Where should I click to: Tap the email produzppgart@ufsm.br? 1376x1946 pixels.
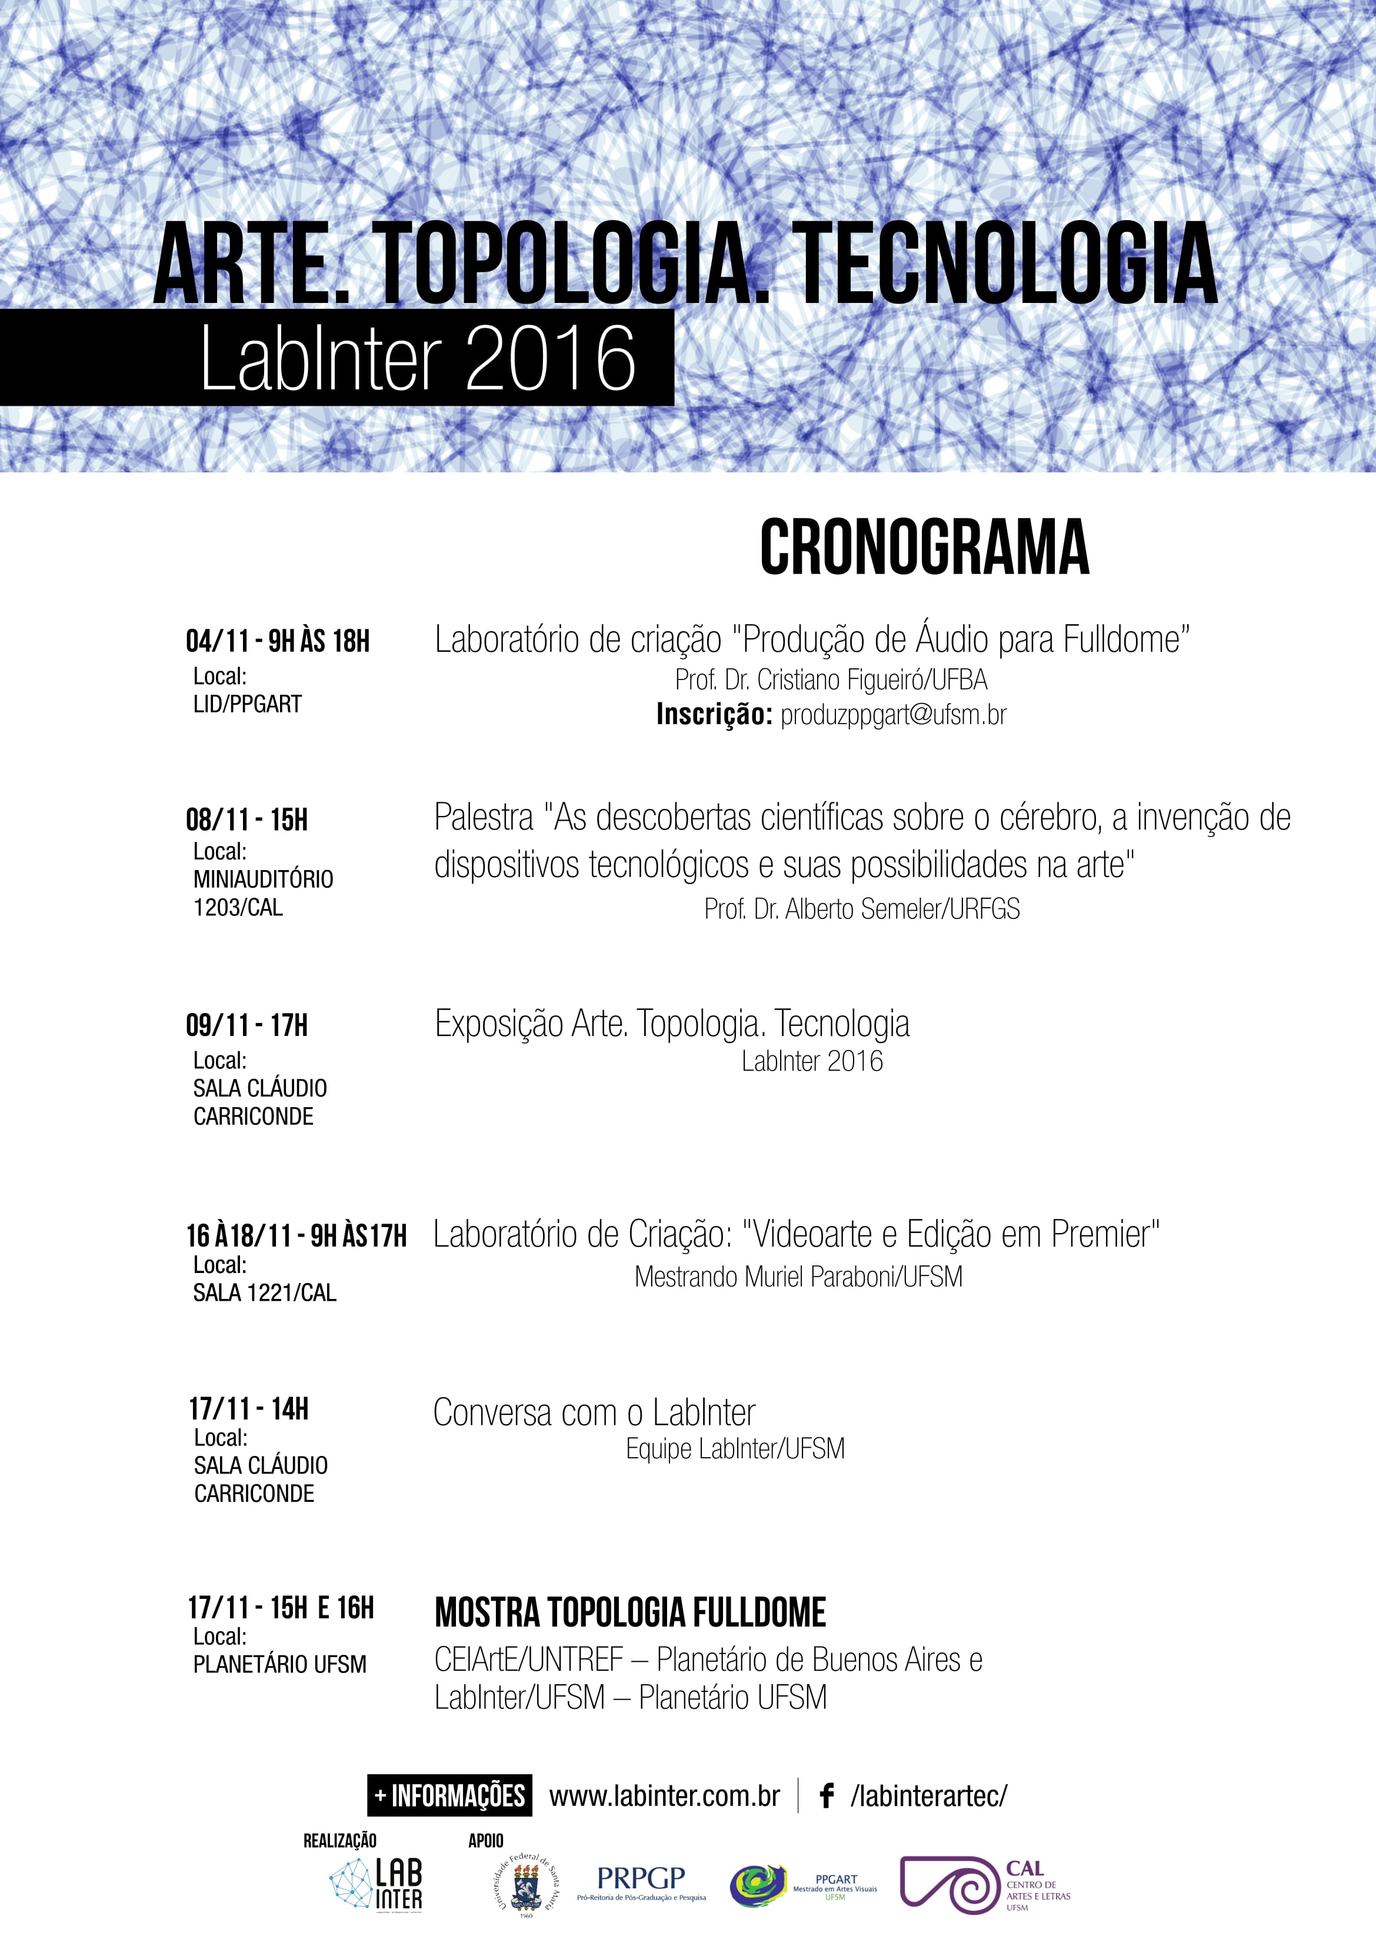[893, 715]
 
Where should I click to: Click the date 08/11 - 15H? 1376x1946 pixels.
[246, 819]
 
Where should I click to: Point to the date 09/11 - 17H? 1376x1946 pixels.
[246, 1025]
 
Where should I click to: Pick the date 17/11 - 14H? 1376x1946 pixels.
[248, 1409]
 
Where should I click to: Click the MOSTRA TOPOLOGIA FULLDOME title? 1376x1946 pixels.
[630, 1613]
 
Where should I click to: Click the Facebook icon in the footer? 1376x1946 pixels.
[827, 1796]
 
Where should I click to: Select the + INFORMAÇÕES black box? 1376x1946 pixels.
[449, 1796]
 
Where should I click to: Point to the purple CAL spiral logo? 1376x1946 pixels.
[949, 1884]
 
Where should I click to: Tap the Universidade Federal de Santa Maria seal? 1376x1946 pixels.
[526, 1885]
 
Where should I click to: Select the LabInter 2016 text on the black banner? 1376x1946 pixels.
[417, 358]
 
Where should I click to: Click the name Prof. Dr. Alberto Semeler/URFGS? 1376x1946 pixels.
[861, 909]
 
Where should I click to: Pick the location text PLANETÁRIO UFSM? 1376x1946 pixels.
[280, 1665]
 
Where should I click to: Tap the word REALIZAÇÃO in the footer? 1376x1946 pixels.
[340, 1841]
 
